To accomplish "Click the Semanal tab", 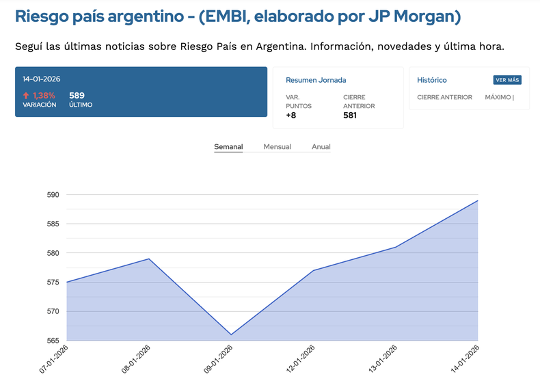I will point(228,147).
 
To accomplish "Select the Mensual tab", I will point(277,147).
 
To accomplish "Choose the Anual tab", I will point(321,147).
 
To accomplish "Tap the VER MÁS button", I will point(507,80).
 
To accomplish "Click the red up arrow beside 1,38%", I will point(26,96).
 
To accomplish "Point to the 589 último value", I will point(77,96).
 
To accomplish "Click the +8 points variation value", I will point(291,116).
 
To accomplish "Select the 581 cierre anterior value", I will point(350,116).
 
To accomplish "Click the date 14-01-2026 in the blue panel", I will point(41,79).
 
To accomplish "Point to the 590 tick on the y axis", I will point(53,195).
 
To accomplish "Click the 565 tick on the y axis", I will point(53,341).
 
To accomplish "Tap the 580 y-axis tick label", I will point(53,253).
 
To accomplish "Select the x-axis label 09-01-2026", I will point(219,358).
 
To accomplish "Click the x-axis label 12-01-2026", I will point(301,358).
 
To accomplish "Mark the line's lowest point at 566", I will point(231,334).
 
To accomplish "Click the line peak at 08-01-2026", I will point(149,259).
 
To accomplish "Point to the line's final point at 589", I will point(478,200).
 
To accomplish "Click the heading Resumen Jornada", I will point(316,81).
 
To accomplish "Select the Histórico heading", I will point(432,81).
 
